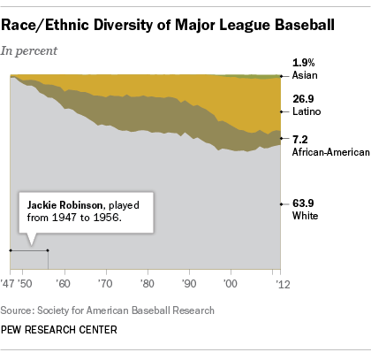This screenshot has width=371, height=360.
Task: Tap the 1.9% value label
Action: (x=303, y=64)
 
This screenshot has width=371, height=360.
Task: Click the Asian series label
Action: (x=305, y=76)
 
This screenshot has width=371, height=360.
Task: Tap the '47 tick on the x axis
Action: (x=9, y=286)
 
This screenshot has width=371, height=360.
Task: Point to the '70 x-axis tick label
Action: (x=104, y=286)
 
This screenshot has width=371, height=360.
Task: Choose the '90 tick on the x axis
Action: (x=188, y=286)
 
